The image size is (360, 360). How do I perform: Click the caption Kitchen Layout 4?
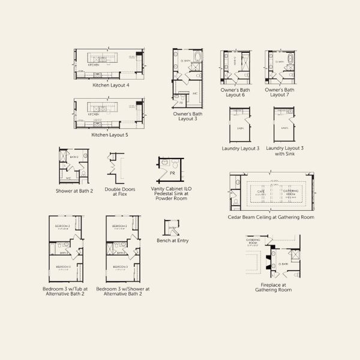click(x=110, y=85)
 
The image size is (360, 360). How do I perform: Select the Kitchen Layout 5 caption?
click(x=110, y=135)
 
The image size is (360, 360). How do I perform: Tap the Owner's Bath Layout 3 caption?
click(x=188, y=116)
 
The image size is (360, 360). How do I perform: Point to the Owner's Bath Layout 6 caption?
click(x=235, y=92)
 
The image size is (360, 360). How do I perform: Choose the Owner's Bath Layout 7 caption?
click(x=280, y=92)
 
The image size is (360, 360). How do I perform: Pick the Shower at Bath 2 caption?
click(x=74, y=191)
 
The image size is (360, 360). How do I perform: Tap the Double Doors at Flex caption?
click(x=119, y=191)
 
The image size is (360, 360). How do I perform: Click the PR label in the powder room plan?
click(x=172, y=173)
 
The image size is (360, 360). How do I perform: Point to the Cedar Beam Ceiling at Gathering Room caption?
click(x=271, y=217)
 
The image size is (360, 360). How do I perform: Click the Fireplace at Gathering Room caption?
click(x=273, y=287)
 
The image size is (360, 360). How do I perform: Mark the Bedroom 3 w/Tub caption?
click(x=65, y=291)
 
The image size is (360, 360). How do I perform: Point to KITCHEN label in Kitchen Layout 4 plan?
click(x=94, y=64)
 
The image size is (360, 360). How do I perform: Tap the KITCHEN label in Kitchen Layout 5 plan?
click(x=94, y=114)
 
